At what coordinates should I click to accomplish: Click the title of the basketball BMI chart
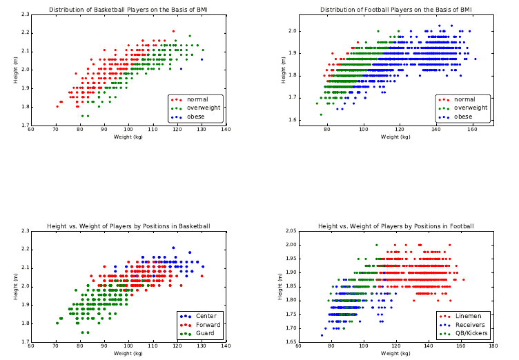click(128, 10)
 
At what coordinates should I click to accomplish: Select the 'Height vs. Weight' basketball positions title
click(128, 226)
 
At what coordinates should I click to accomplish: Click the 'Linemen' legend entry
click(468, 316)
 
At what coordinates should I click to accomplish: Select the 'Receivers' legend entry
click(470, 324)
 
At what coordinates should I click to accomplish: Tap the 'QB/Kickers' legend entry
click(472, 333)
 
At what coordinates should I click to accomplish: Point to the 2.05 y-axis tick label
click(291, 231)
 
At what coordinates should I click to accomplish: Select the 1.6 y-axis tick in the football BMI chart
click(293, 120)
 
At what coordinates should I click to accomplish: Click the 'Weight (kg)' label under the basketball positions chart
click(128, 353)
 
